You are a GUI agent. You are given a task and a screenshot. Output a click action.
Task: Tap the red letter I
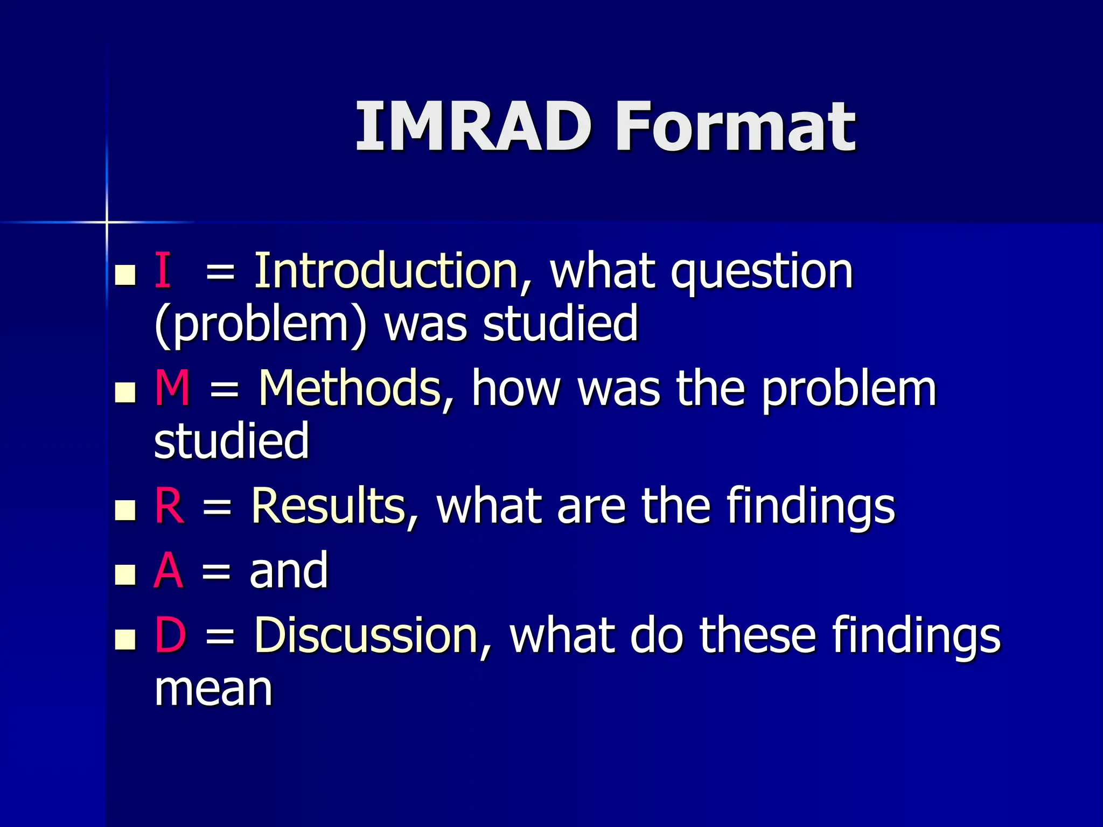[x=163, y=270]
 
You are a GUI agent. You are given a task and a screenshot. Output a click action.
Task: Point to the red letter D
[x=170, y=635]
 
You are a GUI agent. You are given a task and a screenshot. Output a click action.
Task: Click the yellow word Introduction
[x=386, y=270]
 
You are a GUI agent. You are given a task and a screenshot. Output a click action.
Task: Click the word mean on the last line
[x=213, y=690]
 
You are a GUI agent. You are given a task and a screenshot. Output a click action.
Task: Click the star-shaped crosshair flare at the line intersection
[x=107, y=222]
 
